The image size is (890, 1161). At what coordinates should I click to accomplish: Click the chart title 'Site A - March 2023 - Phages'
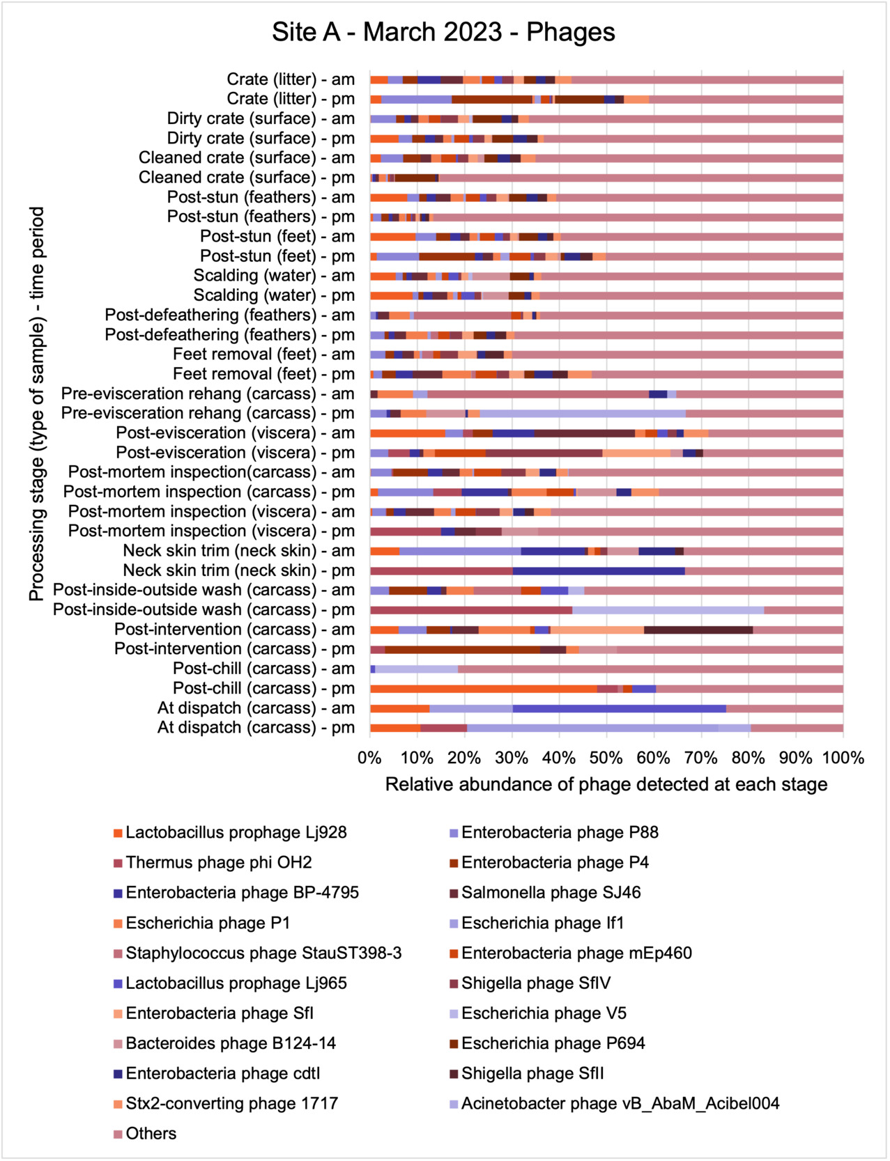click(x=443, y=32)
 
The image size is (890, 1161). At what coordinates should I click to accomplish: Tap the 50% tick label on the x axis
click(x=606, y=758)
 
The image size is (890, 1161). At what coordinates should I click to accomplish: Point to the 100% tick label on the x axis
click(x=843, y=758)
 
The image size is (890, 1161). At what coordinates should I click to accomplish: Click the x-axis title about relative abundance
click(x=606, y=785)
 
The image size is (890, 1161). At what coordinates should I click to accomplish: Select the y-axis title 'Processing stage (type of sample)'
click(x=36, y=403)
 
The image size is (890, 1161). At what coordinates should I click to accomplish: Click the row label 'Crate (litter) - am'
click(x=291, y=79)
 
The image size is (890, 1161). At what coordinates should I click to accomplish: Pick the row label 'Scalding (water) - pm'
click(x=274, y=295)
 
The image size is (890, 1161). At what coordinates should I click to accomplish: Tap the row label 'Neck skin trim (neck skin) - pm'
click(x=239, y=570)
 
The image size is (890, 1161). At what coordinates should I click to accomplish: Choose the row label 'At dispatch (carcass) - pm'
click(x=256, y=728)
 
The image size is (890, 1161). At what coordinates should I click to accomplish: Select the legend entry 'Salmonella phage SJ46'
click(x=551, y=893)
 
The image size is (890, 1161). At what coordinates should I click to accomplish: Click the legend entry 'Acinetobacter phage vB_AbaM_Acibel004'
click(x=620, y=1104)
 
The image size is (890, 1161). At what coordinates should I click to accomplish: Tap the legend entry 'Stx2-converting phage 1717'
click(x=231, y=1104)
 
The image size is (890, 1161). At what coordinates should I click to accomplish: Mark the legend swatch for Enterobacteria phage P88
click(x=454, y=833)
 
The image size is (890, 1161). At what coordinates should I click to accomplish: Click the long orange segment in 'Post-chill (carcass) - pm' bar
click(x=483, y=689)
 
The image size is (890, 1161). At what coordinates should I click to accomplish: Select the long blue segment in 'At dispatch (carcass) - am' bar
click(x=619, y=708)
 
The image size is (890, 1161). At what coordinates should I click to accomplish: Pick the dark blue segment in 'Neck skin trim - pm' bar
click(x=598, y=571)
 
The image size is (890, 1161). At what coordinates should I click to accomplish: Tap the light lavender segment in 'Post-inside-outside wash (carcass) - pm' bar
click(x=668, y=610)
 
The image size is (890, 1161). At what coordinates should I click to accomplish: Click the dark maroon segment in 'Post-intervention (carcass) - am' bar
click(x=698, y=630)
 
